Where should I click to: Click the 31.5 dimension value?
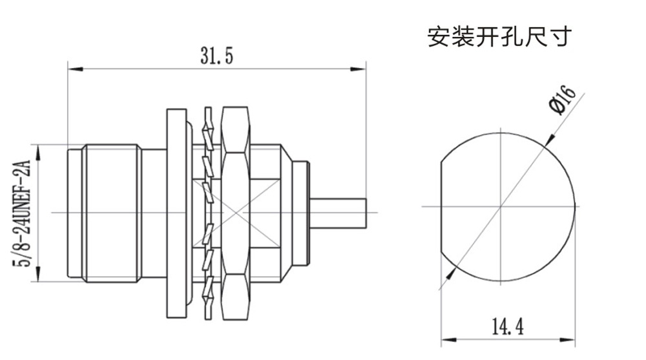click(x=216, y=56)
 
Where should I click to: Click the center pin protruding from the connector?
click(x=339, y=213)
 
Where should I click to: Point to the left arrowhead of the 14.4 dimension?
click(x=445, y=339)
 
